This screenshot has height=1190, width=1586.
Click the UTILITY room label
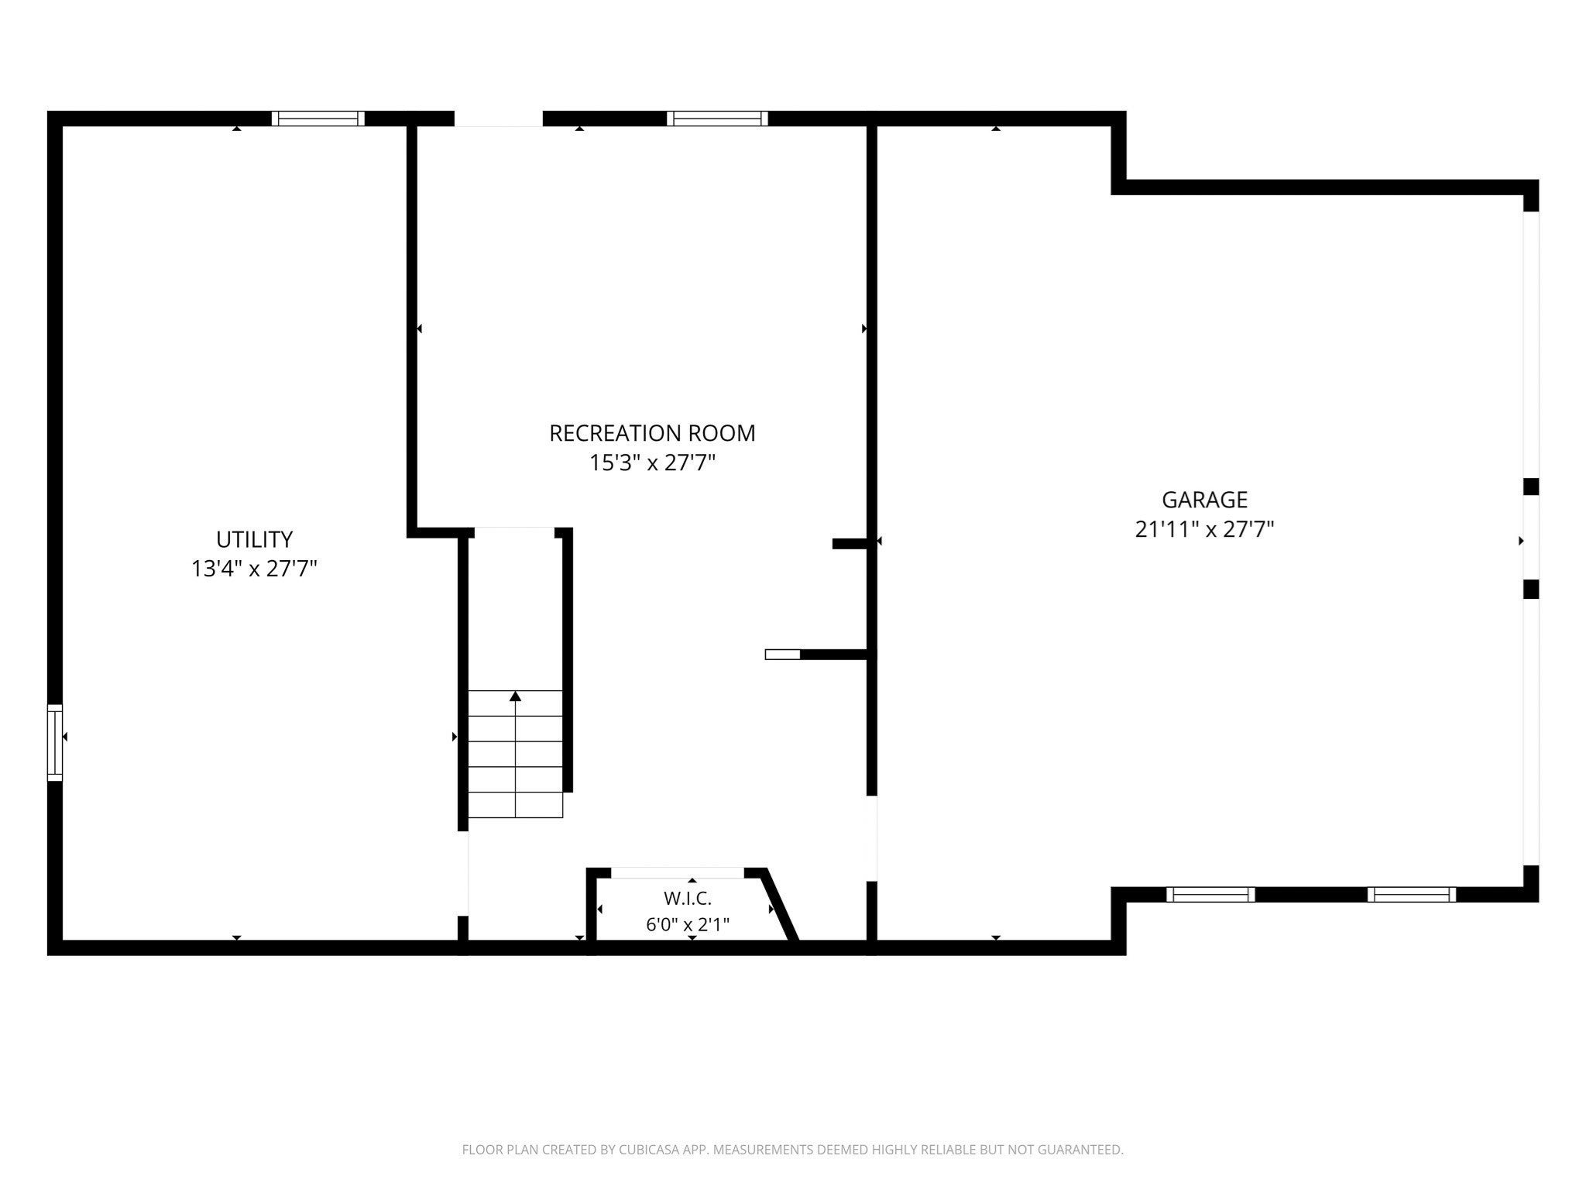(x=254, y=539)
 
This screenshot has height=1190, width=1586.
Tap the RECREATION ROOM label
(x=652, y=433)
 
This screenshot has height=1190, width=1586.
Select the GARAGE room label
(x=1204, y=500)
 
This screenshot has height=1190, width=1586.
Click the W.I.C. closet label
(x=687, y=899)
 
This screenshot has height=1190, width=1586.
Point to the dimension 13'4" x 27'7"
(x=254, y=569)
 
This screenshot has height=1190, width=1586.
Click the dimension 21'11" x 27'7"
(x=1204, y=529)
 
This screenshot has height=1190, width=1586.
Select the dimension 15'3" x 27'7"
(x=652, y=463)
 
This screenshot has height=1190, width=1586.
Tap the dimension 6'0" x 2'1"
(x=688, y=924)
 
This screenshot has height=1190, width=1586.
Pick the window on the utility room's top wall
(x=318, y=119)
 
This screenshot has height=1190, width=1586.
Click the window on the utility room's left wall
(x=55, y=742)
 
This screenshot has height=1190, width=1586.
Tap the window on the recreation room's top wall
(x=718, y=119)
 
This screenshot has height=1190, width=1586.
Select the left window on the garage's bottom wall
(x=1210, y=895)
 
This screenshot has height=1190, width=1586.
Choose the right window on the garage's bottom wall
(x=1412, y=895)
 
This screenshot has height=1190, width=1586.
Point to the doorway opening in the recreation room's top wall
(x=498, y=119)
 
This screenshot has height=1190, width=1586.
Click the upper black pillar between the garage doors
(x=1531, y=487)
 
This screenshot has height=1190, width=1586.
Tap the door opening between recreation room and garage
(x=872, y=839)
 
